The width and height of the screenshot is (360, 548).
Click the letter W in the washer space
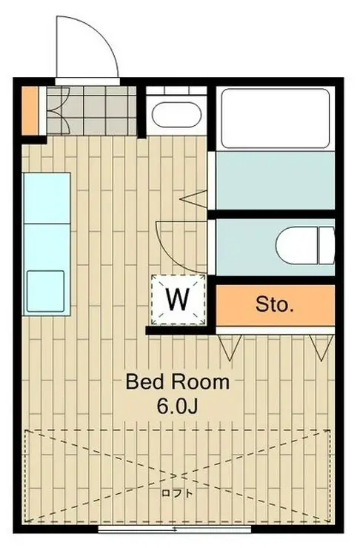point(178,300)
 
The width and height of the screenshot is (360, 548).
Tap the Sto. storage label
point(274,304)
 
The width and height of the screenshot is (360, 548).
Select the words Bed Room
point(178,382)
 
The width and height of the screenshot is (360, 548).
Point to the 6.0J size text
point(178,406)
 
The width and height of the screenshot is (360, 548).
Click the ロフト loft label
point(177,493)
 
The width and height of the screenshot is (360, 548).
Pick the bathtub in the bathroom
point(276,118)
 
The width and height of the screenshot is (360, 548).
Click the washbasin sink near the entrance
point(176,114)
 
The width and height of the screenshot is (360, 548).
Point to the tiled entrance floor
point(92,110)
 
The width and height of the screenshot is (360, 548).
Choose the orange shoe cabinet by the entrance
point(30,110)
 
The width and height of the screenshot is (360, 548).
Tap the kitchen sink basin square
point(46,291)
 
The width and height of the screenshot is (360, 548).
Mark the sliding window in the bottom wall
point(174,529)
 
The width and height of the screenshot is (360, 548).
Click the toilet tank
point(327,245)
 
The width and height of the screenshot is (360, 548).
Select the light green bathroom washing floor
point(276,180)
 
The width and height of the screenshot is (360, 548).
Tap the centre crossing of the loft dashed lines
point(177,475)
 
